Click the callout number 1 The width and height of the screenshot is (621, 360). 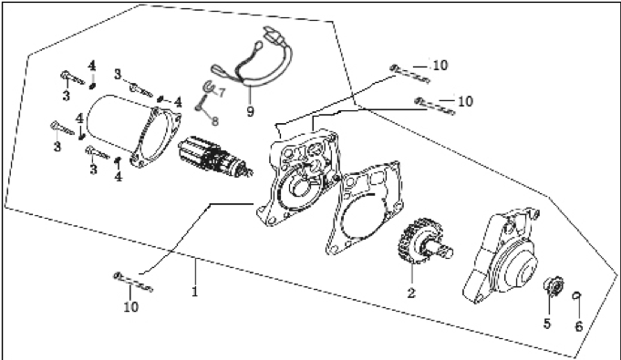point(194,293)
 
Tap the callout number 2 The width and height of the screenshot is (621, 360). point(411,293)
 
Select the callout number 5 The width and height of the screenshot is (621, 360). point(547,324)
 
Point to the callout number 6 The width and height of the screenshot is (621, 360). point(579,326)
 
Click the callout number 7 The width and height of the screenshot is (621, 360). point(221,93)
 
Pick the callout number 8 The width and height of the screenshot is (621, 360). point(214,121)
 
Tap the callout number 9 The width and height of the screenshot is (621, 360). point(250,111)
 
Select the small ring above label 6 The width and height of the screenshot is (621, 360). point(577,294)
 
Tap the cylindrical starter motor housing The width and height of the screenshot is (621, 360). point(132,130)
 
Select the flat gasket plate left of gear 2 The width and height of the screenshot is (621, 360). point(362,207)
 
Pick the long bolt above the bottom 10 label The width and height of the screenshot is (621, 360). point(133,282)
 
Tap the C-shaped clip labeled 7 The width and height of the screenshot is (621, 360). point(208,87)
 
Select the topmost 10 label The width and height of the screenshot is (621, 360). point(440,65)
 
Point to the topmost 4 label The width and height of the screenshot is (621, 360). point(92,66)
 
